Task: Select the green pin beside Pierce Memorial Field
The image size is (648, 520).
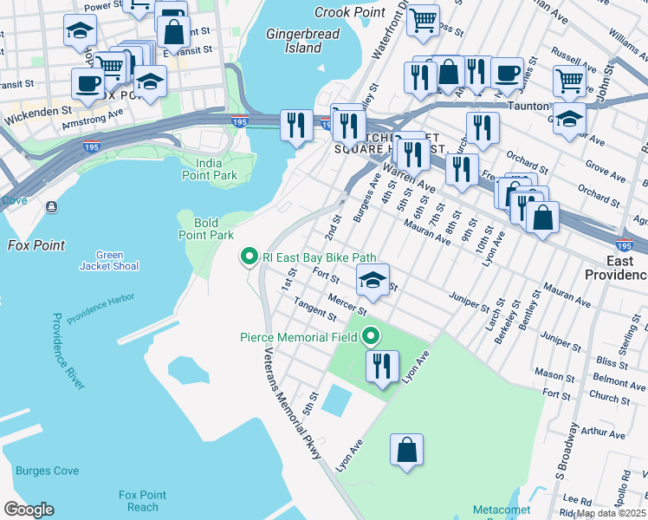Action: tap(371, 335)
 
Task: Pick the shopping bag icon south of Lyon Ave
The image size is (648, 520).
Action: tap(406, 451)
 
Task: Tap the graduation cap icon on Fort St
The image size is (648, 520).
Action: tap(373, 280)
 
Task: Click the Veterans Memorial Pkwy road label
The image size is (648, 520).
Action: tap(293, 404)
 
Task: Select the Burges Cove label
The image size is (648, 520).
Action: tap(47, 471)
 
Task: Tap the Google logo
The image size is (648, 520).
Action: tap(29, 510)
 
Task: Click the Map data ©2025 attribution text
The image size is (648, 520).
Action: tap(611, 513)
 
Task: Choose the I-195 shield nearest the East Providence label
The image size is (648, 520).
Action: tap(623, 245)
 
